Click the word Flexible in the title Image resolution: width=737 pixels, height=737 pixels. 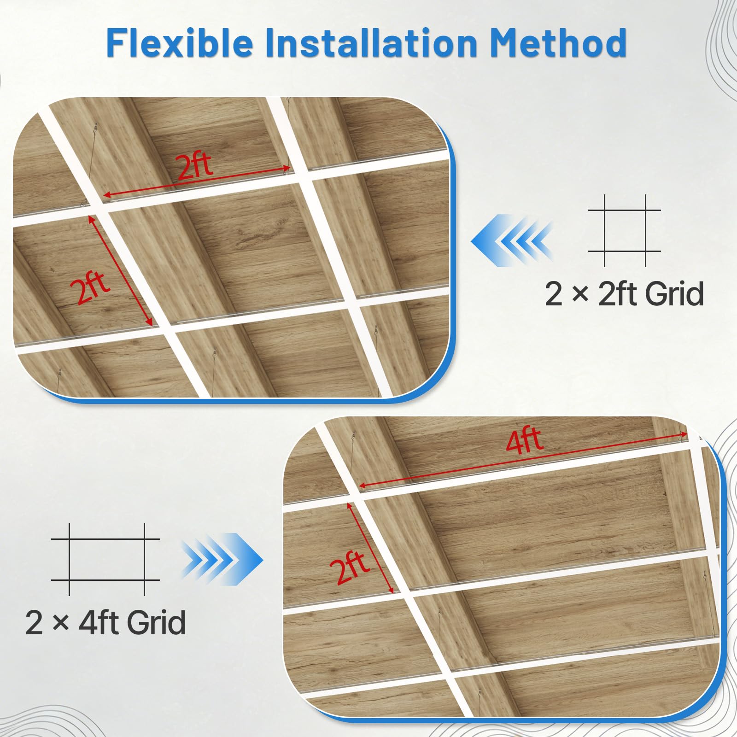[x=180, y=43]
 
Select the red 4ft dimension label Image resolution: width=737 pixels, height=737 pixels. [x=524, y=440]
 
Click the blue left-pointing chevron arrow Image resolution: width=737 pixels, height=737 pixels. [x=511, y=240]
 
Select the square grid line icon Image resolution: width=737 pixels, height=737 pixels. [x=625, y=231]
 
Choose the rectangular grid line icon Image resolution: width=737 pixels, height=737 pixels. [x=106, y=559]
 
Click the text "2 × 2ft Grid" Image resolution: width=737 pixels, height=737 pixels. [x=624, y=294]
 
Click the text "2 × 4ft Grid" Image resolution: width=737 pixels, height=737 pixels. [x=105, y=622]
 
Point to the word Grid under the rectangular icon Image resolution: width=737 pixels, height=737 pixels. [x=156, y=622]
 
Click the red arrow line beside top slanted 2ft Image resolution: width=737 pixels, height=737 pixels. [x=121, y=271]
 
